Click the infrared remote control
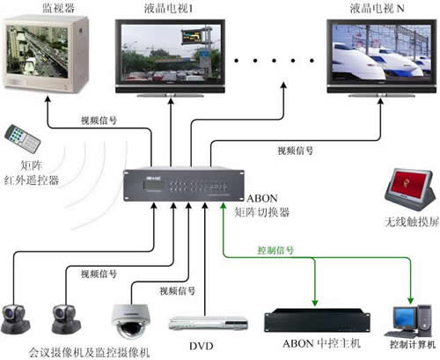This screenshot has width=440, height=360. click(x=23, y=139)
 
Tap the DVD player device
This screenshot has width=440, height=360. click(x=208, y=324)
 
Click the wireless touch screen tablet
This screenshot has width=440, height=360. click(x=410, y=188)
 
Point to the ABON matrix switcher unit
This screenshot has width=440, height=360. click(x=184, y=186)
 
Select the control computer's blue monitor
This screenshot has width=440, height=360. click(x=405, y=319)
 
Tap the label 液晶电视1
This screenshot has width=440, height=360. click(x=168, y=9)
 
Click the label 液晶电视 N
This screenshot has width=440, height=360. click(x=377, y=9)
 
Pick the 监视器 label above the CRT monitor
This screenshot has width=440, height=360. click(x=59, y=8)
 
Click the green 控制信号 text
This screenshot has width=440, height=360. click(x=275, y=250)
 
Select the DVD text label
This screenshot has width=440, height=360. click(x=202, y=346)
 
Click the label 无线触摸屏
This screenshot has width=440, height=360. click(x=412, y=222)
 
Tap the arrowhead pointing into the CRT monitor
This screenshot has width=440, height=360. click(x=48, y=99)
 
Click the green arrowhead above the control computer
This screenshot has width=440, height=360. click(x=411, y=300)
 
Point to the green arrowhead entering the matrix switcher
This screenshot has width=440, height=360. click(x=224, y=206)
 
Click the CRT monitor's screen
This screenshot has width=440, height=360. click(x=37, y=52)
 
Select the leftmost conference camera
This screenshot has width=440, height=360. click(x=15, y=320)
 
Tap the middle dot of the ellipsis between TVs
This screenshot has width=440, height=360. click(x=274, y=61)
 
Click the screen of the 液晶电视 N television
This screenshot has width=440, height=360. click(x=382, y=52)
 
